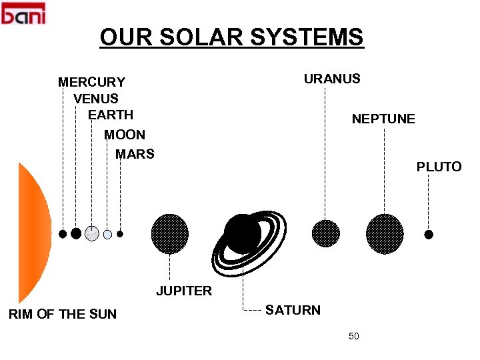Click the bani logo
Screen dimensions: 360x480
(x=23, y=13)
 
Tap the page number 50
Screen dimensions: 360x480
(x=353, y=336)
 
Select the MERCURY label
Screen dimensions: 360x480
(x=91, y=83)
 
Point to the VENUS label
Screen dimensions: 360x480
(x=96, y=99)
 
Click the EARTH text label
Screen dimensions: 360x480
(x=111, y=115)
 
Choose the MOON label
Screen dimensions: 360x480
(x=125, y=135)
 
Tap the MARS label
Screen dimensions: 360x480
(x=135, y=155)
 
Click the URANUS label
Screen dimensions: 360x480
(x=332, y=79)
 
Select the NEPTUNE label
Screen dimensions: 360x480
(x=383, y=119)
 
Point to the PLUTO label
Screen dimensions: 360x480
(x=439, y=167)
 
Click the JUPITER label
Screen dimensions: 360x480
(x=184, y=291)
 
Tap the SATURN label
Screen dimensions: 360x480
(x=293, y=310)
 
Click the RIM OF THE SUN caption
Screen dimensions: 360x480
(x=62, y=314)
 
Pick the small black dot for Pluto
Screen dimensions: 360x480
(x=429, y=235)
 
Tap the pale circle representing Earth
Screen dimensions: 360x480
(x=92, y=233)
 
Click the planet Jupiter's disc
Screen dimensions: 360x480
(x=169, y=234)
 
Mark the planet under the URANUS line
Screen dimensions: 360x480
(x=326, y=234)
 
